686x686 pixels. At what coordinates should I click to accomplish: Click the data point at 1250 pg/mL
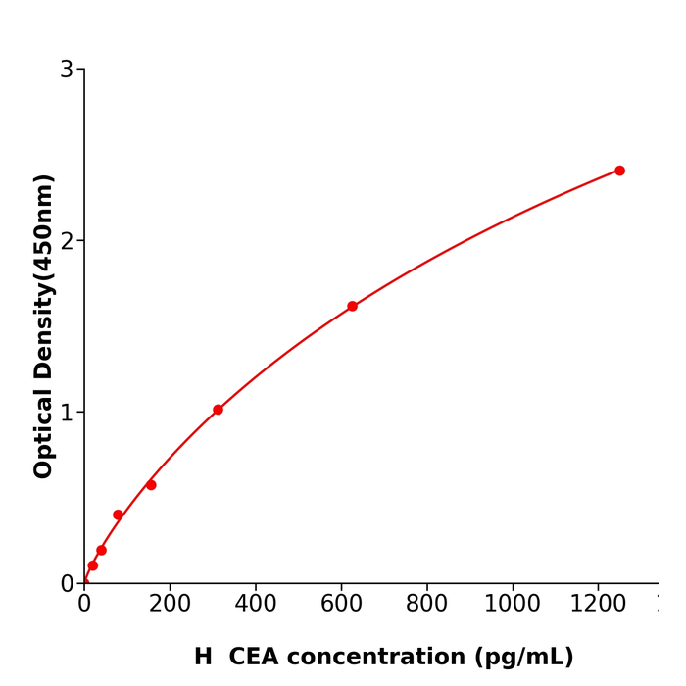(619, 171)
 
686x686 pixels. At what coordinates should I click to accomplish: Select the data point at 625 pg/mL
(352, 306)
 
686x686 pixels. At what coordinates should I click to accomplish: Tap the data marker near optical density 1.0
(218, 410)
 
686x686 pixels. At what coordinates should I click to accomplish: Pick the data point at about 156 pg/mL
(151, 485)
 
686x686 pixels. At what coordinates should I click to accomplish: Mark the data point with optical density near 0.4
(118, 514)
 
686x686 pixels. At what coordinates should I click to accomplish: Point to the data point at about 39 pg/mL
(101, 550)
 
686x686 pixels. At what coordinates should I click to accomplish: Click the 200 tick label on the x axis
(170, 605)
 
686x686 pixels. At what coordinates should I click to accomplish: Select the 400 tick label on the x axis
(256, 605)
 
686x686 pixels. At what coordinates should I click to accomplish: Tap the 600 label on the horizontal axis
(341, 605)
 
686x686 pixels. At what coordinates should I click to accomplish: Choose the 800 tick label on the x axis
(426, 605)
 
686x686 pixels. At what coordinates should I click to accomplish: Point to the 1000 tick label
(513, 605)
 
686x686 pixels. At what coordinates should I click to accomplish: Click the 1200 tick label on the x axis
(598, 605)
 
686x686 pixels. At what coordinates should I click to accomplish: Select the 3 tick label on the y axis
(67, 70)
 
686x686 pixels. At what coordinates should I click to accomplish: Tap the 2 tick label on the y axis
(67, 241)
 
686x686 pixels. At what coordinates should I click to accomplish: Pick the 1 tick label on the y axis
(67, 413)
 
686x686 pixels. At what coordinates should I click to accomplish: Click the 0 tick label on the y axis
(67, 584)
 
